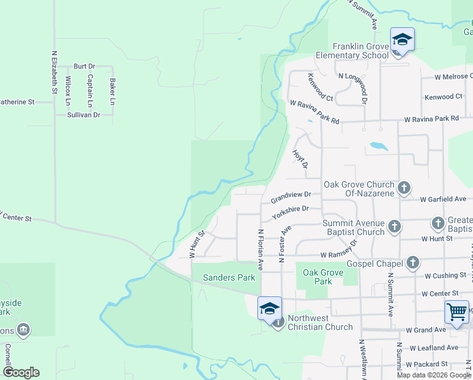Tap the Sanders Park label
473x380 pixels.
click(x=228, y=277)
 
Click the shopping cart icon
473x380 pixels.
click(x=457, y=312)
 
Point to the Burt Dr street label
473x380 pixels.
click(x=84, y=66)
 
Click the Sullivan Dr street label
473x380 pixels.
click(x=83, y=115)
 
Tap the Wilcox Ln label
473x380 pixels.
click(x=68, y=90)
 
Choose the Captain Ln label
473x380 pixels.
click(x=90, y=90)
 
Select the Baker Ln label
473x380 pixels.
click(x=113, y=91)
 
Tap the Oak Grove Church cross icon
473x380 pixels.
click(x=404, y=187)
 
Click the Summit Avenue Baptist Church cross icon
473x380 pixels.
click(x=395, y=226)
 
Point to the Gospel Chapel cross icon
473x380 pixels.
click(x=412, y=262)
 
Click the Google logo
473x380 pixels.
click(x=21, y=372)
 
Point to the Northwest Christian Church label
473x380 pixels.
click(x=320, y=322)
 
